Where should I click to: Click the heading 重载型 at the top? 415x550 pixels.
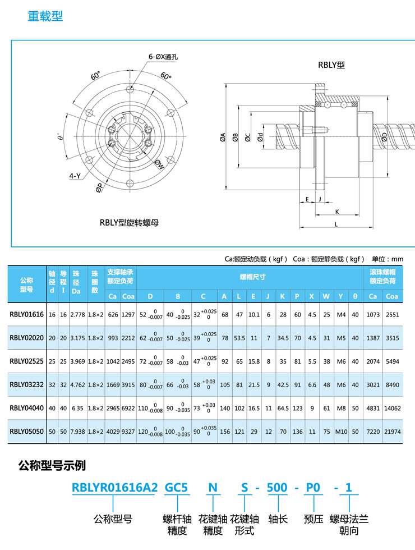point(45,16)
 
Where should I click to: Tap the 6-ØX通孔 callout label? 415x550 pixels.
point(163,57)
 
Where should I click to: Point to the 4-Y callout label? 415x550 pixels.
point(75,176)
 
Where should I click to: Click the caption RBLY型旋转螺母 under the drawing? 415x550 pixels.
point(129,222)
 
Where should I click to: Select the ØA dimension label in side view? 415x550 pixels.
point(223,137)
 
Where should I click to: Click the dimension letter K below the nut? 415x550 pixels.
point(337,212)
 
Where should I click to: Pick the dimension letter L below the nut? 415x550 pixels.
point(336,224)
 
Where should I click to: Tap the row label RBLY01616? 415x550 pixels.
point(27,314)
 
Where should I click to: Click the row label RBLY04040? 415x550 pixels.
point(27,408)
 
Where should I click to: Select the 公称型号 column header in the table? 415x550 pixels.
point(27,285)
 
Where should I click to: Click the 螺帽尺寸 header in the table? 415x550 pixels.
point(252,277)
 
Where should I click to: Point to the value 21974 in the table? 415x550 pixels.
point(392,432)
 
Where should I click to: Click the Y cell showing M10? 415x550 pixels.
point(341,432)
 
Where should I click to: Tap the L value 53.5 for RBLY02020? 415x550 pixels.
point(239,338)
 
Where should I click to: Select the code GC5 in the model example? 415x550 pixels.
point(176,488)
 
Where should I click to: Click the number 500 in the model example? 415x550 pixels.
point(277,488)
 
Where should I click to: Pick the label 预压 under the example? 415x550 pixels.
point(313,519)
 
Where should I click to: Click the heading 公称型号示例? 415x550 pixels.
point(52,465)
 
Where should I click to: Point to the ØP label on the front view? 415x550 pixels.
point(99,187)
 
